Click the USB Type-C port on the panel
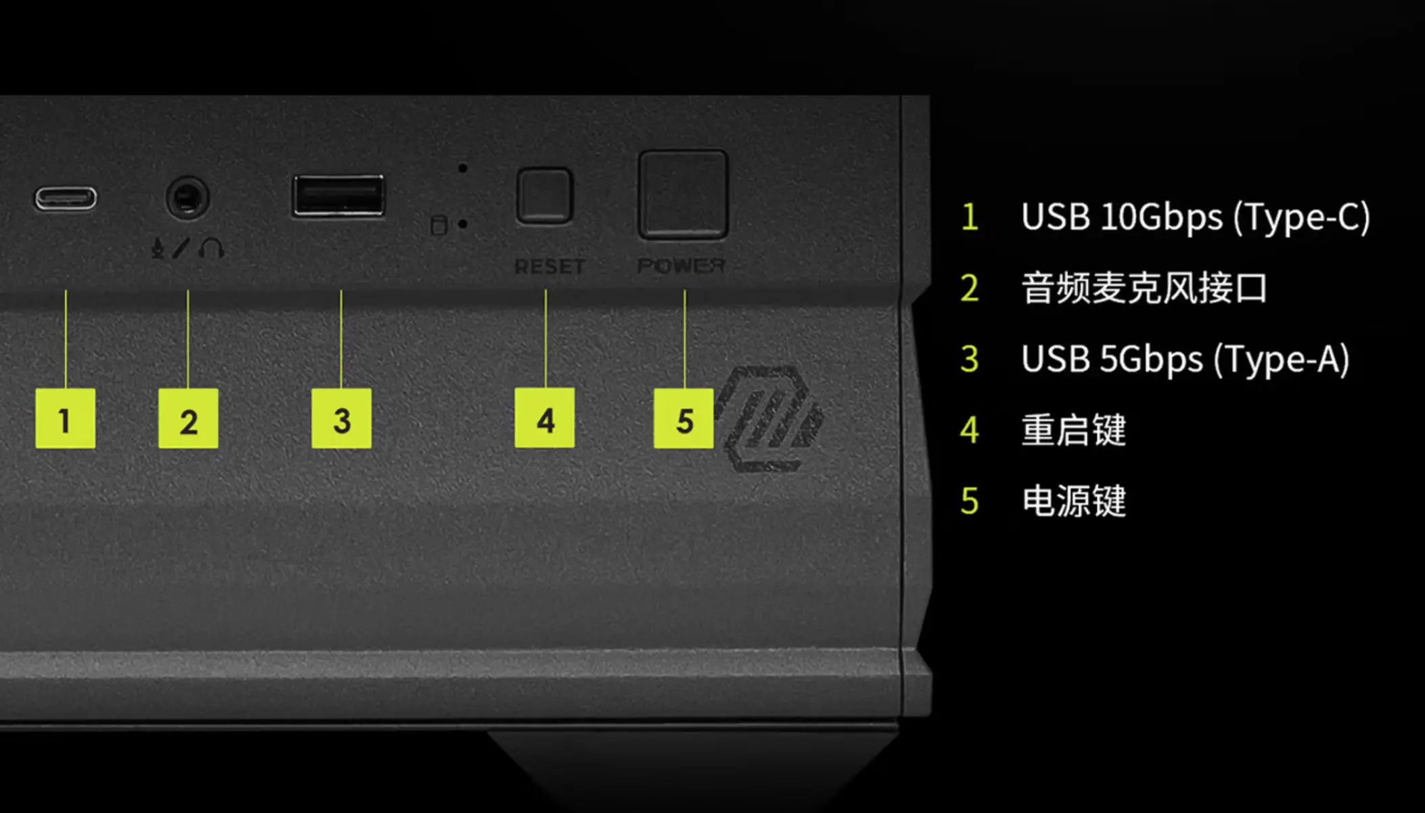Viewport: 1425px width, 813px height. point(66,198)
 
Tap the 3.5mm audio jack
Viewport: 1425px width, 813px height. point(187,198)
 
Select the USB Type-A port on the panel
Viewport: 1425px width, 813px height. point(338,196)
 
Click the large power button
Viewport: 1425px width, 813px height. point(683,194)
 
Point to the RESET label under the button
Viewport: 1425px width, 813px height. point(549,267)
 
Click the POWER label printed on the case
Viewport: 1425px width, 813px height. point(681,266)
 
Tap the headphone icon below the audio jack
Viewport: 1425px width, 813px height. point(211,248)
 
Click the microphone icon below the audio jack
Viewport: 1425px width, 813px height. point(158,248)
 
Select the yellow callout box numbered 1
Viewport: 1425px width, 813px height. point(65,418)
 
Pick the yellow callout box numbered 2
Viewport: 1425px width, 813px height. point(188,418)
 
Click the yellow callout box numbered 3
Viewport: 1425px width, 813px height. point(341,418)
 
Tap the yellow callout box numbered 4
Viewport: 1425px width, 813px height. point(545,418)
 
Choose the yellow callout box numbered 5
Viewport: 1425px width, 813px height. point(683,418)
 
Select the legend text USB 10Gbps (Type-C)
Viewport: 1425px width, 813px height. point(1196,217)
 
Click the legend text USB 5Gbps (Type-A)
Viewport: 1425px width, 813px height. point(1185,359)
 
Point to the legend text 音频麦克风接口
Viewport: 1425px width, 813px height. point(1144,288)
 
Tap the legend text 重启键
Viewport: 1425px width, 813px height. point(1074,430)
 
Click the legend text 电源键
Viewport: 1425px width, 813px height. point(1074,501)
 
